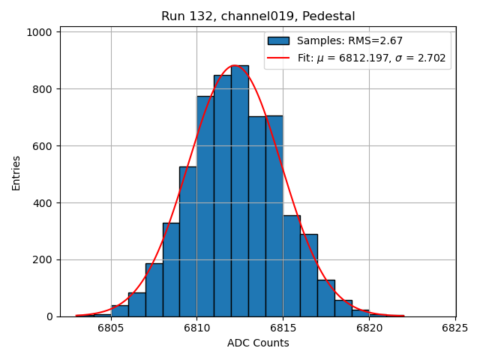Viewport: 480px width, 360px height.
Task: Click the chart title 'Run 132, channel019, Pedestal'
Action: (258, 16)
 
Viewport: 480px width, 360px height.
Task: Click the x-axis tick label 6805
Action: (111, 328)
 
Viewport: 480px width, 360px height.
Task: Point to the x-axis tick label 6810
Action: (197, 328)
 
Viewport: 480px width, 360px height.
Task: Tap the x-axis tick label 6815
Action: (283, 328)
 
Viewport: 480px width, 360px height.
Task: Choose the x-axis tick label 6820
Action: (369, 328)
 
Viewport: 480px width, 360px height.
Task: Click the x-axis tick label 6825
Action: (455, 328)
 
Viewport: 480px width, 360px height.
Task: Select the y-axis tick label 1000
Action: (39, 32)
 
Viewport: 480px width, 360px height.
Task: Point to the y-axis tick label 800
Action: (42, 89)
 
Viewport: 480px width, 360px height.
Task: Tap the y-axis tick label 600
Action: (42, 146)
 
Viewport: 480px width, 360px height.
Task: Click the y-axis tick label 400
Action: (42, 203)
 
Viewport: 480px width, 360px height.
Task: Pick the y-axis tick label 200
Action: (42, 260)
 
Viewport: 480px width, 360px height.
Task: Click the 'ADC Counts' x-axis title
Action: (258, 343)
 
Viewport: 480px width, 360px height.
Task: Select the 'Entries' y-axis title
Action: (16, 172)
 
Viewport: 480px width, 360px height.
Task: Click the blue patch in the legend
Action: (278, 40)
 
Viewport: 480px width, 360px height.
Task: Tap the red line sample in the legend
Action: (278, 58)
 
